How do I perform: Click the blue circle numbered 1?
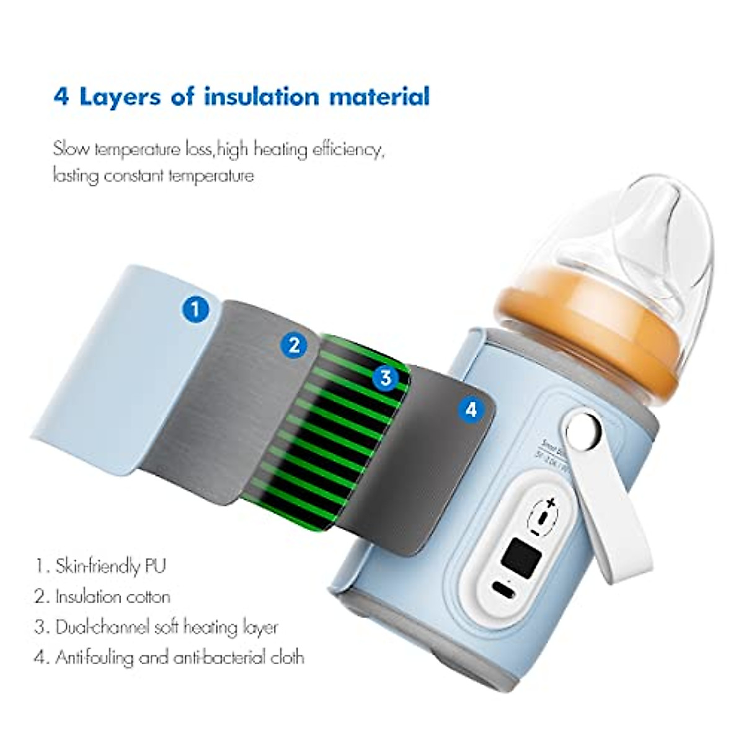[196, 308]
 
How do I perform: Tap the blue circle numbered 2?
[294, 344]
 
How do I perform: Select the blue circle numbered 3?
[386, 376]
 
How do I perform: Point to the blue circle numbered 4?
[471, 409]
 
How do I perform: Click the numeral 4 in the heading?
[62, 97]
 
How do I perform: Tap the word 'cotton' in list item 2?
[148, 597]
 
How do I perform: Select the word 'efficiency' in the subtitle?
[345, 150]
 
